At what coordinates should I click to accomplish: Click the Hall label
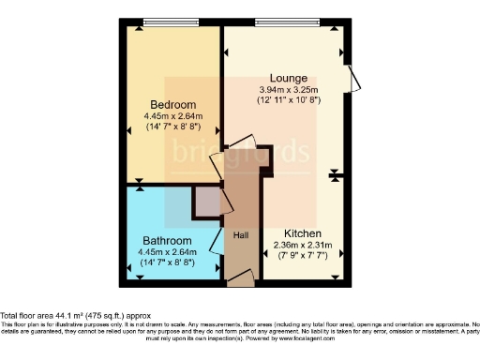[240, 234]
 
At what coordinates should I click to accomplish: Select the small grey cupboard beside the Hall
[206, 201]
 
